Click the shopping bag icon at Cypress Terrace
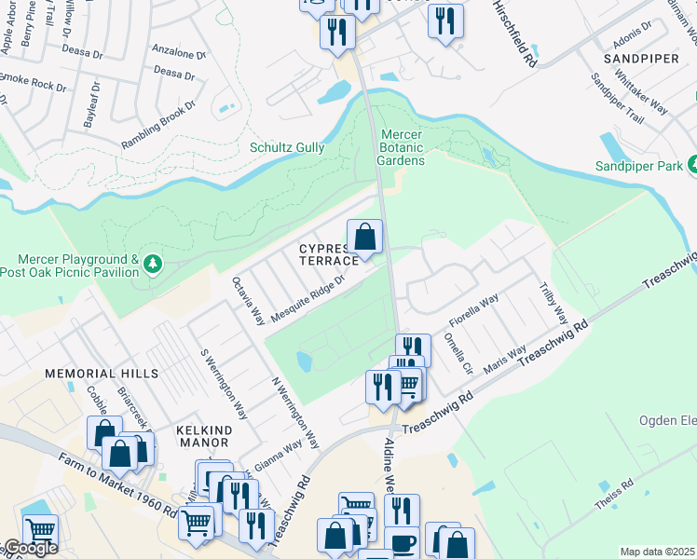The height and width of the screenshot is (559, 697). coord(365,237)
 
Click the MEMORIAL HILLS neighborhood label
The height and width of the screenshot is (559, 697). coord(102,373)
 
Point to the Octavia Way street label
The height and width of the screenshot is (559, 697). coord(248,299)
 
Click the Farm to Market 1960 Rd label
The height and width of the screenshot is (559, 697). coord(117,487)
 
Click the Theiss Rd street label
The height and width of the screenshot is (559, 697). coord(614,495)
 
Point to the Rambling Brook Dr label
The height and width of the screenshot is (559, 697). coord(158,126)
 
